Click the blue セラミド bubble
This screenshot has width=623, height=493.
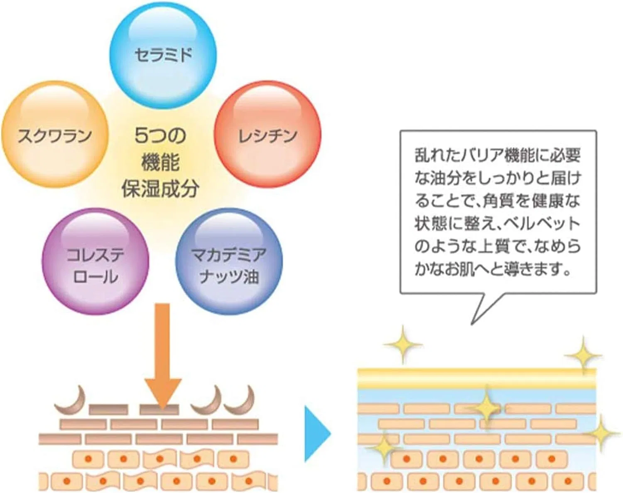[x=163, y=55]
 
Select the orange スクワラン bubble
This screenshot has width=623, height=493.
[x=55, y=134]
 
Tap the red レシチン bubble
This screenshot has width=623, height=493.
[x=267, y=134]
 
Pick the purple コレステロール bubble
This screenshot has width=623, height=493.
[x=96, y=261]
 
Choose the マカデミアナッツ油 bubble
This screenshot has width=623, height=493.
[x=229, y=261]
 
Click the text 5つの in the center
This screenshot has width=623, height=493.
[x=160, y=136]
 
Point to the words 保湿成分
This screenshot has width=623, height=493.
[x=160, y=189]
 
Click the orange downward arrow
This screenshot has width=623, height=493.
[x=163, y=356]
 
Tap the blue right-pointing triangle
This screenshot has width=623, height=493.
[x=318, y=434]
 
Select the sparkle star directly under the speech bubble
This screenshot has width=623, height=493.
[x=403, y=345]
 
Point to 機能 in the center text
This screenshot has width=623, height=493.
[x=160, y=163]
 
